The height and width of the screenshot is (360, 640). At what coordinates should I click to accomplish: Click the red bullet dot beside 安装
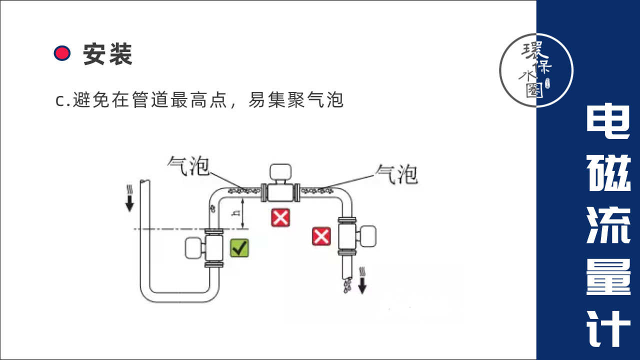pyautogui.click(x=62, y=53)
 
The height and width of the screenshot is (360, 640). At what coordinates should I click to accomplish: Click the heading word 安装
pyautogui.click(x=107, y=54)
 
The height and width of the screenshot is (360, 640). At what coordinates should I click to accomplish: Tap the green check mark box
pyautogui.click(x=239, y=248)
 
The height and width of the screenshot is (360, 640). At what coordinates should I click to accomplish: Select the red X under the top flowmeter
pyautogui.click(x=280, y=217)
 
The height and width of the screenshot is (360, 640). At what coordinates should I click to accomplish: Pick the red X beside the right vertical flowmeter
pyautogui.click(x=321, y=236)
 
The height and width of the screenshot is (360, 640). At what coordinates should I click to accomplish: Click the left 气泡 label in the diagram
pyautogui.click(x=188, y=166)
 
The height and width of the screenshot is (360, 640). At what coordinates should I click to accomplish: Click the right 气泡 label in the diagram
pyautogui.click(x=396, y=173)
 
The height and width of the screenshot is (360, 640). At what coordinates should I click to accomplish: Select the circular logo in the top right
pyautogui.click(x=536, y=70)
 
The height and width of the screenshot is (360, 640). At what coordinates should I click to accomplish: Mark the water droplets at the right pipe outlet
pyautogui.click(x=347, y=285)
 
